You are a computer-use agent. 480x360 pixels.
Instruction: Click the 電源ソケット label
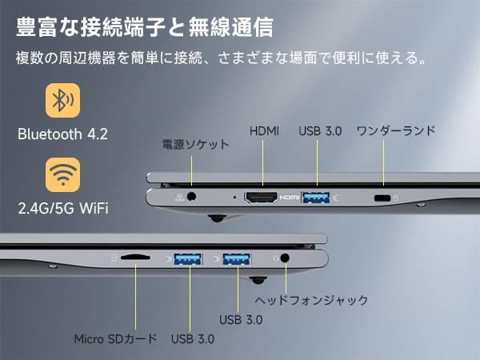tap(195, 145)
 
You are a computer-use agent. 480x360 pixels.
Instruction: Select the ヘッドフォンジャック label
tap(311, 300)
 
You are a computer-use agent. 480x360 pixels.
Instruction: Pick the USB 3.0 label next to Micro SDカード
tap(193, 338)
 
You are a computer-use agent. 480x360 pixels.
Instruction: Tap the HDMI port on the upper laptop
tap(261, 197)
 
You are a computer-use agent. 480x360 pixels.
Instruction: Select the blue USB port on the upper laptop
tap(317, 197)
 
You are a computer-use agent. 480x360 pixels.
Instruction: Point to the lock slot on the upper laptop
tap(383, 198)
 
